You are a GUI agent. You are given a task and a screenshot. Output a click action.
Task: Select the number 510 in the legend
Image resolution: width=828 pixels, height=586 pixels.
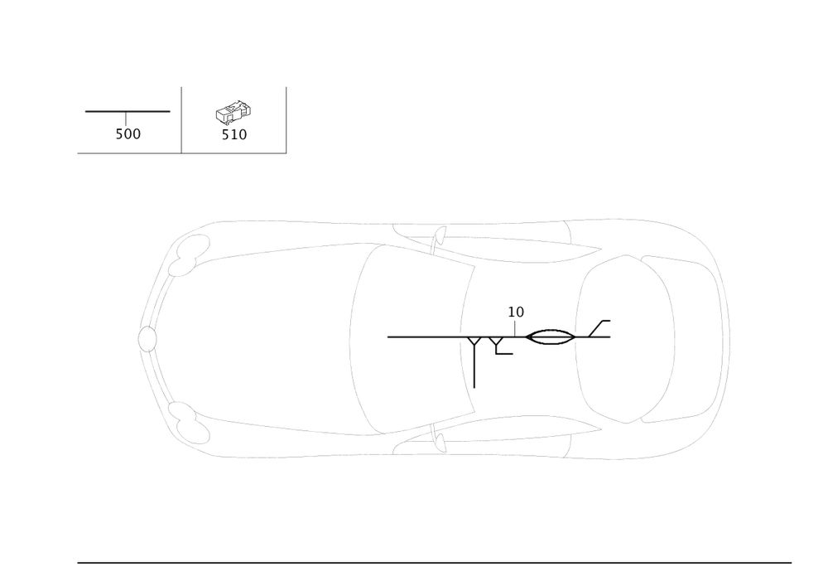point(234,134)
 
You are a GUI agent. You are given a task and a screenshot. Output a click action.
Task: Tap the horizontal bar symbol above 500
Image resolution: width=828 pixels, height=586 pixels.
point(127,111)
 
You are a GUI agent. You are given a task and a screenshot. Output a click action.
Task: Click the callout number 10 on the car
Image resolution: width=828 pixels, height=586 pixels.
point(516,312)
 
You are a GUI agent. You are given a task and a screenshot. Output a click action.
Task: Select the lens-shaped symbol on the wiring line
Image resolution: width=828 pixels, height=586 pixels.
point(547,337)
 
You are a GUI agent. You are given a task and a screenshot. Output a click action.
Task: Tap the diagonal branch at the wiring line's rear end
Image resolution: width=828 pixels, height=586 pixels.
point(599,328)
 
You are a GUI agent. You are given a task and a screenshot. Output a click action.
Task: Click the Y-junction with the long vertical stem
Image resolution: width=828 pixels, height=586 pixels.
point(475,342)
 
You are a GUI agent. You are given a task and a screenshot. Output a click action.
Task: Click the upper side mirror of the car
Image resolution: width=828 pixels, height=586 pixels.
point(434,237)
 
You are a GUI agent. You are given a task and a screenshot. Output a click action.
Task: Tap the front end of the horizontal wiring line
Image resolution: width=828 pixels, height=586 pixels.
point(388,337)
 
